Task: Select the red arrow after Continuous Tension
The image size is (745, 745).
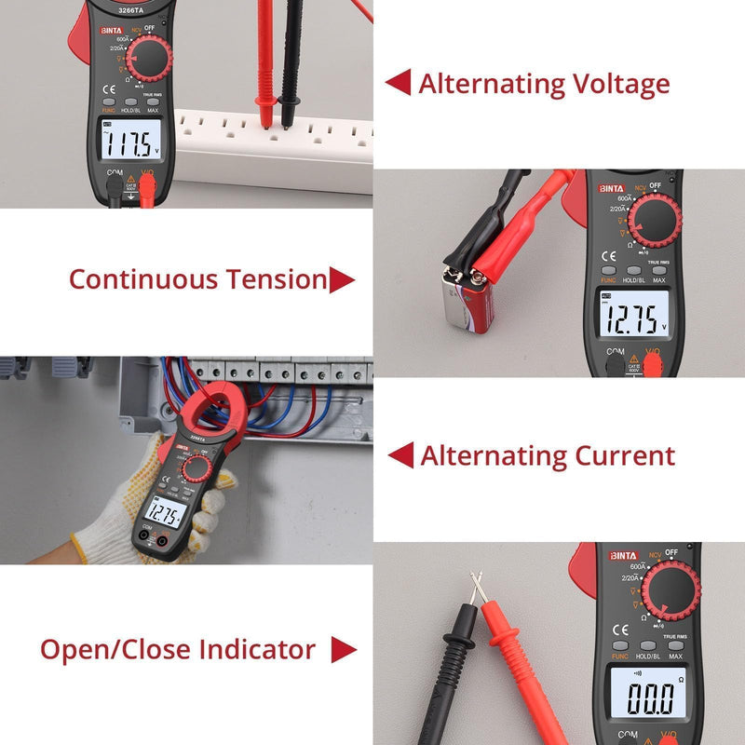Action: coord(342,279)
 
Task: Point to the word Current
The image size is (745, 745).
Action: coord(625,456)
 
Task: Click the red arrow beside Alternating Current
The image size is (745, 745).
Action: coord(400,455)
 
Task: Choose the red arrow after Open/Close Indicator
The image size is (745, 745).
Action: coord(344,650)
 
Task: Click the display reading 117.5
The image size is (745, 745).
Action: coord(129,144)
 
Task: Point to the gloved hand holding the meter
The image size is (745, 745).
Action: coord(121,508)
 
